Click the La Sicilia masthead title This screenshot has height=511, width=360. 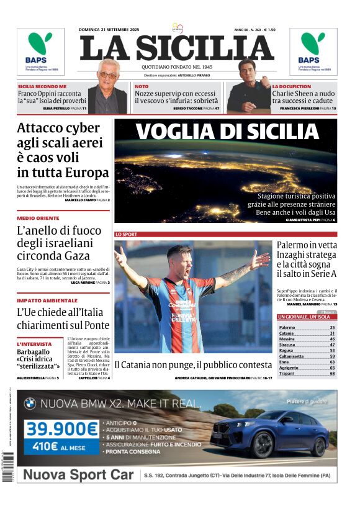pyautogui.click(x=177, y=48)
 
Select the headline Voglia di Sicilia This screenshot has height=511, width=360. pyautogui.click(x=226, y=132)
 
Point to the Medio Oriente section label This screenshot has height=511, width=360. pyautogui.click(x=38, y=219)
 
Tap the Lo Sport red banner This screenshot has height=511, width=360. pyautogui.click(x=127, y=234)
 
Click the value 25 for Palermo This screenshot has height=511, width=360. pyautogui.click(x=332, y=327)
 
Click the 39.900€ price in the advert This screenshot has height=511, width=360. pyautogui.click(x=61, y=428)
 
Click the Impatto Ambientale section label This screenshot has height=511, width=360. pyautogui.click(x=47, y=300)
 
